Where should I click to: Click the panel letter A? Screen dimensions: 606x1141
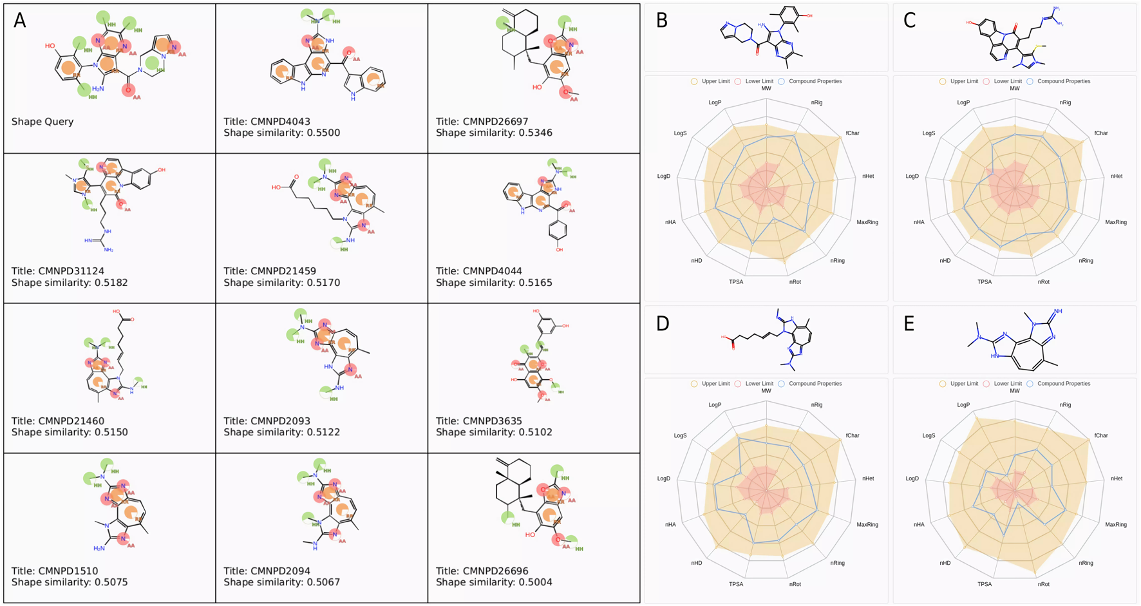tap(20, 21)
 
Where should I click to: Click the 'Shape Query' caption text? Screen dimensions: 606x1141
tap(42, 122)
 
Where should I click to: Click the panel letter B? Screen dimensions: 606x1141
tap(662, 21)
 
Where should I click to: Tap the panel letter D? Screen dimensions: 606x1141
tap(662, 323)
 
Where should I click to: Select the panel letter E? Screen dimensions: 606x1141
tap(909, 323)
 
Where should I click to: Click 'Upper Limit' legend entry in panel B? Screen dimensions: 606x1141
tap(715, 82)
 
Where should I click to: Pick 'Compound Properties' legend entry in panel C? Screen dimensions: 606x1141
tap(1063, 82)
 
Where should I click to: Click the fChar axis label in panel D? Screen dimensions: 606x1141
tap(853, 436)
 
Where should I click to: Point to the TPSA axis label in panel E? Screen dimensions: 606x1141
tap(984, 585)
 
